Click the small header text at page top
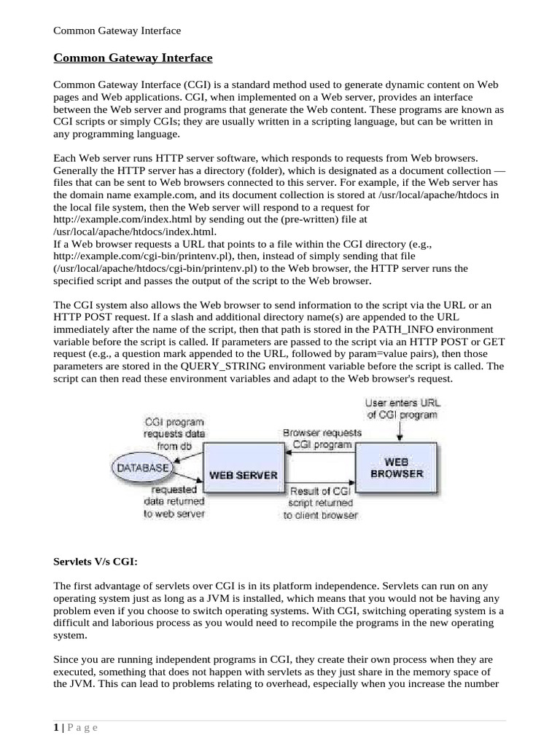point(117,31)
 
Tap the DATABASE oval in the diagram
point(143,466)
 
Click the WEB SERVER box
point(243,474)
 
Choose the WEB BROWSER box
point(400,467)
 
